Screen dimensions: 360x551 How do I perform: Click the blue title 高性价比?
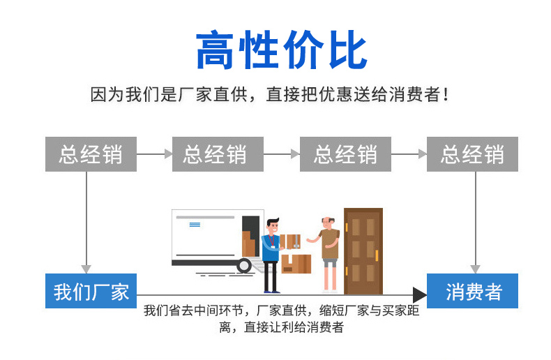281,51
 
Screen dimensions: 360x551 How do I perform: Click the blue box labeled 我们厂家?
91,291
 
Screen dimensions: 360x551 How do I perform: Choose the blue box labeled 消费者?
474,291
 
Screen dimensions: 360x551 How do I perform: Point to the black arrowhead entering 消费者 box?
420,294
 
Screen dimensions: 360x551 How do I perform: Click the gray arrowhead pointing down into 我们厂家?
86,269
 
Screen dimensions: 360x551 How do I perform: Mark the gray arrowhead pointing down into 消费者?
475,269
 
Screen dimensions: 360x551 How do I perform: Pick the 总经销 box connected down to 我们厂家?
91,154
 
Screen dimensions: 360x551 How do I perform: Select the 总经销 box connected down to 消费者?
472,154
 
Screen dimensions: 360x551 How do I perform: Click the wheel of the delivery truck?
243,265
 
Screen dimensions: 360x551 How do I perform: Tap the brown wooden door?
363,249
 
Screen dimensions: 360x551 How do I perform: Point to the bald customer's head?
326,221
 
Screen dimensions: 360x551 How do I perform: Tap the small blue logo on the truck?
195,225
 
